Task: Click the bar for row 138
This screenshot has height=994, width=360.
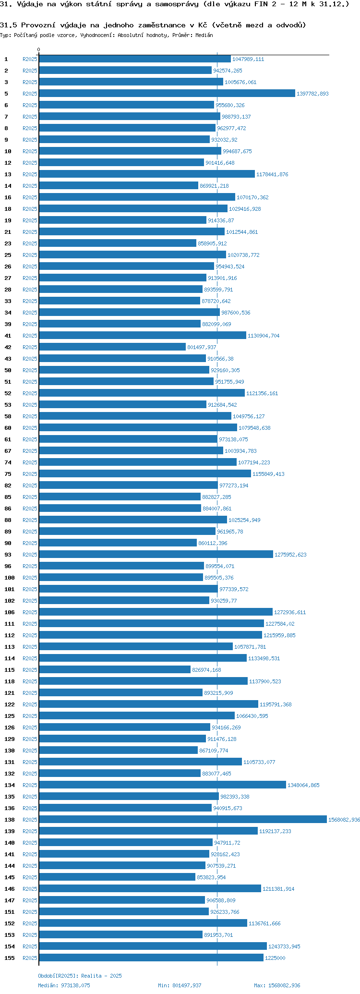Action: click(x=182, y=820)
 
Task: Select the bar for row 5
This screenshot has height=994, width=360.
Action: click(x=167, y=94)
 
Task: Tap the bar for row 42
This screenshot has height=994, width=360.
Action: click(x=112, y=347)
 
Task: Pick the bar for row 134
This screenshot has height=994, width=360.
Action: click(x=162, y=785)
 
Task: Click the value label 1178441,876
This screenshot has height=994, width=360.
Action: click(x=272, y=174)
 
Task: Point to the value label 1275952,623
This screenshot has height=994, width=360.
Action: click(x=290, y=555)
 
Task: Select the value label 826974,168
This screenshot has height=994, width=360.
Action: click(x=206, y=670)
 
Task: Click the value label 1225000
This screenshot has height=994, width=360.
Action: click(x=275, y=958)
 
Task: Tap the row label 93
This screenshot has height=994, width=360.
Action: click(x=8, y=555)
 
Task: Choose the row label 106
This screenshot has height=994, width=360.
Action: click(x=10, y=612)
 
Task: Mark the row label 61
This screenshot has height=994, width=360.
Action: click(x=8, y=439)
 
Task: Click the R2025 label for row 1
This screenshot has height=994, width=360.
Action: click(x=30, y=59)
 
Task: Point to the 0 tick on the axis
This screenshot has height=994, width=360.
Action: click(x=39, y=49)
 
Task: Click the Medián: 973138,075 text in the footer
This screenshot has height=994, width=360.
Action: click(x=64, y=985)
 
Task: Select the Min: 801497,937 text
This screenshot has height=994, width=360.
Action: click(x=180, y=985)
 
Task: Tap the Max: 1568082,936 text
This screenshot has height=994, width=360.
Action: click(x=277, y=985)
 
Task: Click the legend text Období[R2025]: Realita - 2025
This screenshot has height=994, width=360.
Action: click(x=80, y=976)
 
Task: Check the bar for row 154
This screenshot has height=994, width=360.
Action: click(x=153, y=946)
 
